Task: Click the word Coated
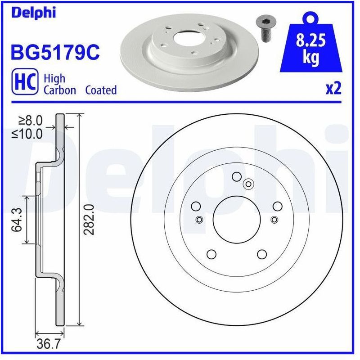pyautogui.click(x=101, y=90)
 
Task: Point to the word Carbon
pyautogui.click(x=59, y=90)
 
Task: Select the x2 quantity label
pyautogui.click(x=333, y=89)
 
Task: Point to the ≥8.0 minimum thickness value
pyautogui.click(x=31, y=121)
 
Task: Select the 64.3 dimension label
pyautogui.click(x=16, y=220)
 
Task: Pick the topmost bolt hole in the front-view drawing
pyautogui.click(x=236, y=177)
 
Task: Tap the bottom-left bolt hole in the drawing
pyautogui.click(x=211, y=255)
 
